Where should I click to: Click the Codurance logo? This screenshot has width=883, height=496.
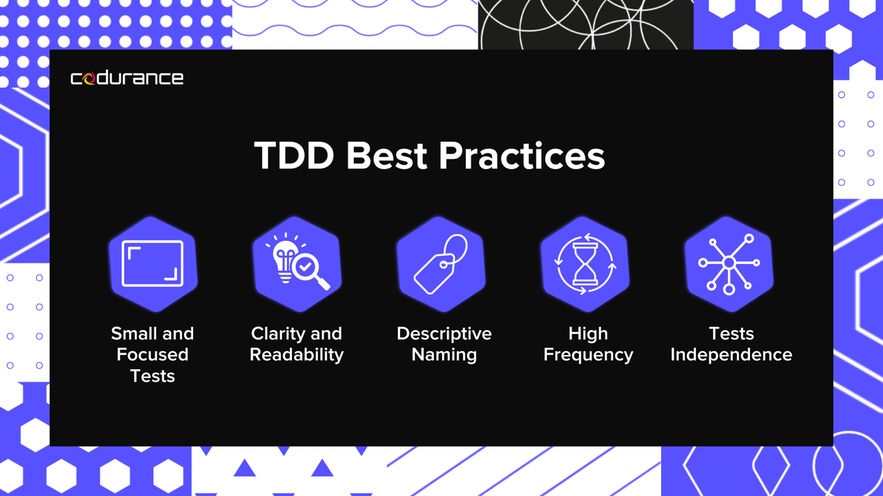pyautogui.click(x=127, y=78)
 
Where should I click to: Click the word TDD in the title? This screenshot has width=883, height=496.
pyautogui.click(x=294, y=157)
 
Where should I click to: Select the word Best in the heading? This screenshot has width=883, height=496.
pyautogui.click(x=386, y=157)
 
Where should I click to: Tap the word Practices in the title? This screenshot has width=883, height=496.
pyautogui.click(x=522, y=157)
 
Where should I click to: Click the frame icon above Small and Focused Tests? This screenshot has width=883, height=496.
pyautogui.click(x=152, y=264)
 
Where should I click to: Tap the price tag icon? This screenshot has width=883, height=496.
pyautogui.click(x=441, y=264)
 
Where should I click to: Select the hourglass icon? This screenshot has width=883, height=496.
pyautogui.click(x=585, y=264)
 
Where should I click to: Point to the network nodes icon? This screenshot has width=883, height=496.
pyautogui.click(x=729, y=264)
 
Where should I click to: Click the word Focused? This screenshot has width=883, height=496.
pyautogui.click(x=152, y=355)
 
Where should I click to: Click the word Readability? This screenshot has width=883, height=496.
pyautogui.click(x=297, y=355)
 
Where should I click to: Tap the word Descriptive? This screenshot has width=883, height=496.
pyautogui.click(x=444, y=334)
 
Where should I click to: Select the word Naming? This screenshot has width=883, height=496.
pyautogui.click(x=444, y=355)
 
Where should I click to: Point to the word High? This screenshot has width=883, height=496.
pyautogui.click(x=587, y=334)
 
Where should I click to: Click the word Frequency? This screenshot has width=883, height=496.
pyautogui.click(x=587, y=355)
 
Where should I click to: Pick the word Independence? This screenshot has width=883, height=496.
pyautogui.click(x=731, y=355)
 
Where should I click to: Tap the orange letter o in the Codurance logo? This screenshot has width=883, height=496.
pyautogui.click(x=89, y=79)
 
